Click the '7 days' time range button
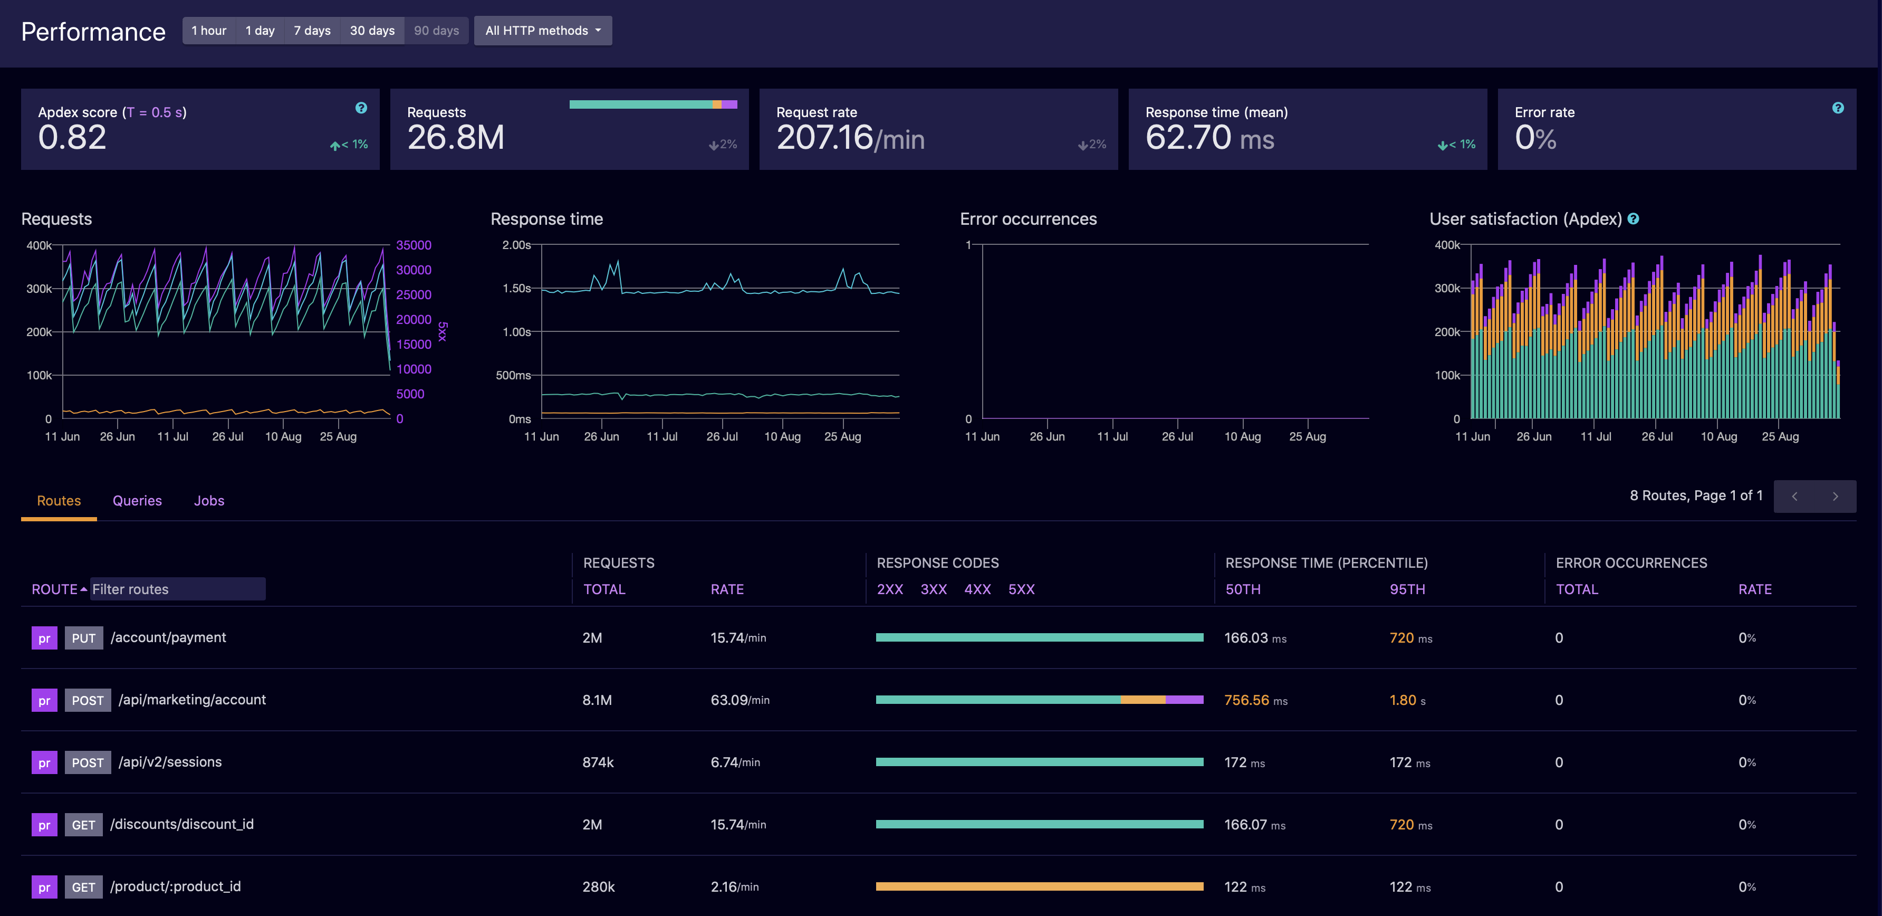click(x=312, y=31)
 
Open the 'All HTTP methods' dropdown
click(x=542, y=31)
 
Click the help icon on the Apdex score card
click(x=361, y=108)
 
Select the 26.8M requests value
click(x=455, y=137)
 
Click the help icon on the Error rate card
click(x=1838, y=108)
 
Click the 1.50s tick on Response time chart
click(x=516, y=289)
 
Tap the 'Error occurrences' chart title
click(x=1028, y=220)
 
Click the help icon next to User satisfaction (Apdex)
click(x=1634, y=220)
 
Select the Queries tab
click(x=137, y=501)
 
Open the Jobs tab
click(x=209, y=501)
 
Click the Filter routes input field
click(x=178, y=589)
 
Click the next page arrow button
click(x=1835, y=497)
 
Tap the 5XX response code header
click(x=1021, y=589)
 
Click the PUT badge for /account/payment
click(x=83, y=638)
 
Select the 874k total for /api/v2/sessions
click(x=598, y=762)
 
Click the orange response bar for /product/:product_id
click(x=1039, y=887)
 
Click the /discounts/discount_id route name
click(x=182, y=825)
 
